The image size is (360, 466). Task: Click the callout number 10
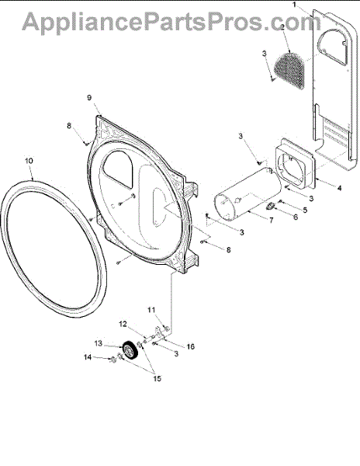[29, 161]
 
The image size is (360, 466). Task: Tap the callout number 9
[89, 98]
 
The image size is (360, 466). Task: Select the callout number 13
[99, 343]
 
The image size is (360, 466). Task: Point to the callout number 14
[88, 357]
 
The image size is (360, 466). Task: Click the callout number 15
[157, 378]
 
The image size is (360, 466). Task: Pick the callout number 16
[190, 346]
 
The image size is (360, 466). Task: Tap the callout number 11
[151, 310]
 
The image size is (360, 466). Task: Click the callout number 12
[123, 324]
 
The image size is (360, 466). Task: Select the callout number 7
[271, 221]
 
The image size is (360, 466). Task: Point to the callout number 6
[296, 217]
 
